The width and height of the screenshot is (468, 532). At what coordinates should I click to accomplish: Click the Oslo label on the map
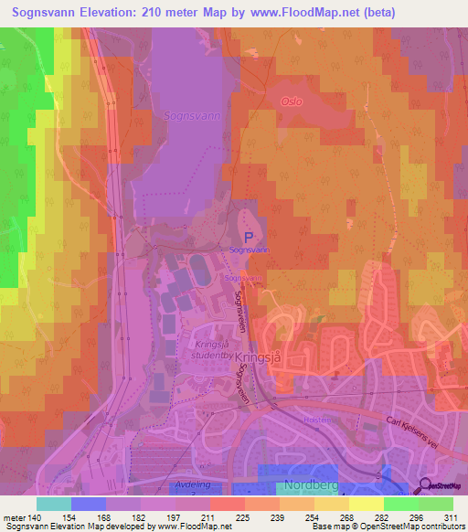292,102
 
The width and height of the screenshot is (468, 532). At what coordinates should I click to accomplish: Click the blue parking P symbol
247,236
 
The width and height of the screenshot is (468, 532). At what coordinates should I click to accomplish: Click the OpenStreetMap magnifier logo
424,486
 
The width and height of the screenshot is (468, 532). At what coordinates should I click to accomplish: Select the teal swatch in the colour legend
54,504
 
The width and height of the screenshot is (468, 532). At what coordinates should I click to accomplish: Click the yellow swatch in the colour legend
366,504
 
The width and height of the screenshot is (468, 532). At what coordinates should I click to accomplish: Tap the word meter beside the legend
14,517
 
